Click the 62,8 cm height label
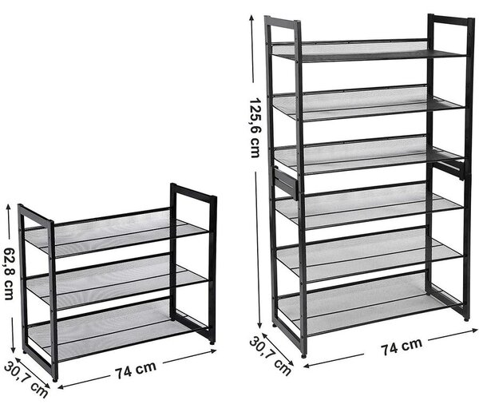tap(10, 273)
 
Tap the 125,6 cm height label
tap(255, 128)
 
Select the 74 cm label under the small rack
tap(136, 370)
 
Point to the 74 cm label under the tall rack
tap(402, 347)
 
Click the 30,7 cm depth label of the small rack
tap(26, 380)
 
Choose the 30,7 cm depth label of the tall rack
tap(270, 356)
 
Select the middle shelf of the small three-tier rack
tap(117, 283)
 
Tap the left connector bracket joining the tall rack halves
tap(286, 184)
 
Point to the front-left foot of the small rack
tap(55, 380)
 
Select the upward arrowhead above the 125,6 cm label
tap(251, 18)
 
